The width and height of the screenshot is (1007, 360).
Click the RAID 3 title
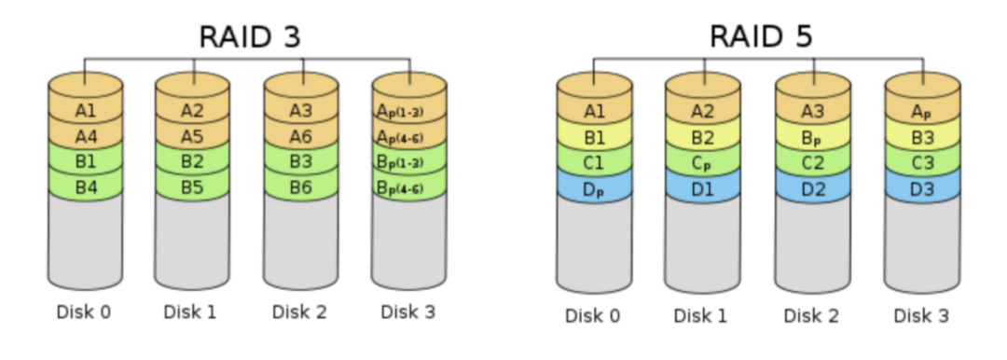(x=250, y=36)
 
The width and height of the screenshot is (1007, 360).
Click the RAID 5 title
(x=760, y=36)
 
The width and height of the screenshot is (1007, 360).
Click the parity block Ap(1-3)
(x=409, y=111)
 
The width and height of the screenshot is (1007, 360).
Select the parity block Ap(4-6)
(x=409, y=135)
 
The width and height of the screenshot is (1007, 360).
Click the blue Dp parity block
(x=594, y=190)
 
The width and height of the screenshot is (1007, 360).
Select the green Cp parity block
(x=702, y=165)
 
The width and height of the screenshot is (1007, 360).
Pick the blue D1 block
(x=702, y=190)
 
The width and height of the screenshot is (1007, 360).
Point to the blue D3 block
(x=921, y=190)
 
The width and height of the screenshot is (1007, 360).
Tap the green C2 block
(x=812, y=165)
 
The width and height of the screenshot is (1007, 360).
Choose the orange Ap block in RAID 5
(x=921, y=113)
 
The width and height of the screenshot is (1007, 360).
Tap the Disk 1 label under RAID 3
(x=190, y=312)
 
